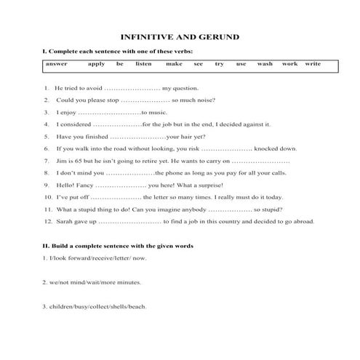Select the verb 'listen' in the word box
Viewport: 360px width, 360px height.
[143, 64]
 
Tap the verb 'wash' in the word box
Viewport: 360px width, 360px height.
[265, 64]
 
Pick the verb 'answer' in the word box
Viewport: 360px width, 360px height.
[56, 64]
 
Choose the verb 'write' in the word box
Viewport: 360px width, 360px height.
[313, 64]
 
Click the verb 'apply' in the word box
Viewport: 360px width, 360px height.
[96, 64]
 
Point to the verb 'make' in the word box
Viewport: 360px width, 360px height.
[174, 64]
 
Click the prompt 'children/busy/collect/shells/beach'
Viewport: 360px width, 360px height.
[95, 306]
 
